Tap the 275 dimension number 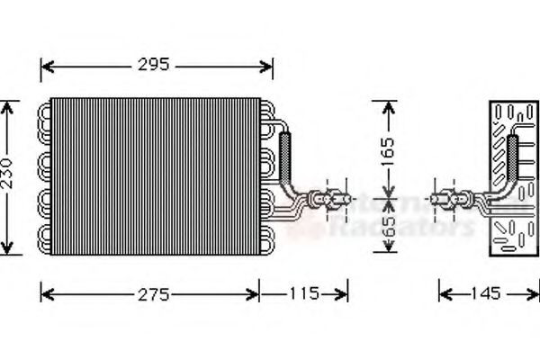point(150,292)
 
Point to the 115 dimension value point(304,292)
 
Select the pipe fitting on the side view point(448,195)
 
